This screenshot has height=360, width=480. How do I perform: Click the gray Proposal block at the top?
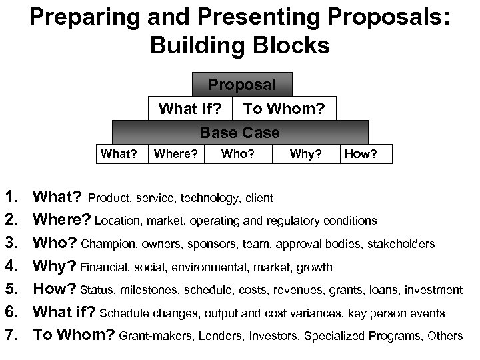coord(241,85)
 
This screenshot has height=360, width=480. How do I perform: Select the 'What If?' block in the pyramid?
coord(189,108)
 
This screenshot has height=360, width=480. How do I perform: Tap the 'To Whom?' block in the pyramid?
coord(283,108)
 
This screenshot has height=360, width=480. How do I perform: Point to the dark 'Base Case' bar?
coord(240,132)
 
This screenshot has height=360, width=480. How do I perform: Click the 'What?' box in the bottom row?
coord(118,155)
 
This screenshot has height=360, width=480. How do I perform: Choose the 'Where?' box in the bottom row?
coord(175,155)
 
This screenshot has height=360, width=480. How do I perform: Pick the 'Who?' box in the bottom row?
coord(237,155)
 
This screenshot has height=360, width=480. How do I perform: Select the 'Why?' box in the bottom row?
coord(306,155)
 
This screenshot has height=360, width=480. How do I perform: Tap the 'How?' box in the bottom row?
coord(365,155)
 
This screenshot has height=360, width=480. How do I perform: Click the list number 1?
coord(13,197)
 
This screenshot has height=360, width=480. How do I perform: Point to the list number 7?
coord(13,335)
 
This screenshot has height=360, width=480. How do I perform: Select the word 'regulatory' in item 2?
coord(289,221)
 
